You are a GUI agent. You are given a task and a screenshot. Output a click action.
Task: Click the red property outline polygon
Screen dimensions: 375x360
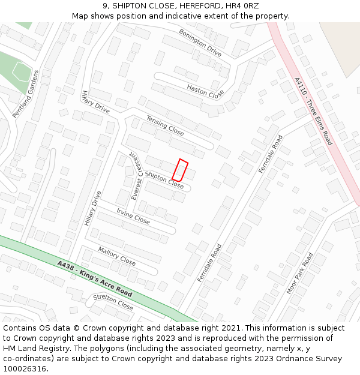click(180, 170)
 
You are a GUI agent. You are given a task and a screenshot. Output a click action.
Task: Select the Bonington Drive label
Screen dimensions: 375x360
click(200, 43)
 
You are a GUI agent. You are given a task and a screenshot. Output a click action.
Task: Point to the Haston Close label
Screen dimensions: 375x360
click(205, 91)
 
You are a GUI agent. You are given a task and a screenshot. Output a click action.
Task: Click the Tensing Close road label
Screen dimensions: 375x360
click(165, 125)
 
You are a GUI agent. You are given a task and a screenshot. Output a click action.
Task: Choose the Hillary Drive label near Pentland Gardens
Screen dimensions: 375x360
click(95, 102)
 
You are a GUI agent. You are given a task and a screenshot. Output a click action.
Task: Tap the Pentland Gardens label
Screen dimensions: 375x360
click(26, 94)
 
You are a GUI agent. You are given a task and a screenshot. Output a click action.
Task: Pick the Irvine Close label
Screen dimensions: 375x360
click(133, 217)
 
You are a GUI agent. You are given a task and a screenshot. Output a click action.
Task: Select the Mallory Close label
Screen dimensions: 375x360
click(117, 257)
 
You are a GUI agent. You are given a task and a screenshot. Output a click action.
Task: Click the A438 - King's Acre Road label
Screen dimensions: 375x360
click(95, 278)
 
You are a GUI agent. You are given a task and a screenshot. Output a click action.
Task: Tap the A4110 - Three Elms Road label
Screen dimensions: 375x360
click(313, 111)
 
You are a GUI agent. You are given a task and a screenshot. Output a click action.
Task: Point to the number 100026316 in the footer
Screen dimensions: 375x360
click(25, 368)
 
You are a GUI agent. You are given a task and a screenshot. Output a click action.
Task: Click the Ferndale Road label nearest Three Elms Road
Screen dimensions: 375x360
click(270, 155)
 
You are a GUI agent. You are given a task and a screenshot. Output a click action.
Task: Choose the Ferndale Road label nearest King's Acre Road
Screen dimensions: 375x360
click(209, 263)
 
